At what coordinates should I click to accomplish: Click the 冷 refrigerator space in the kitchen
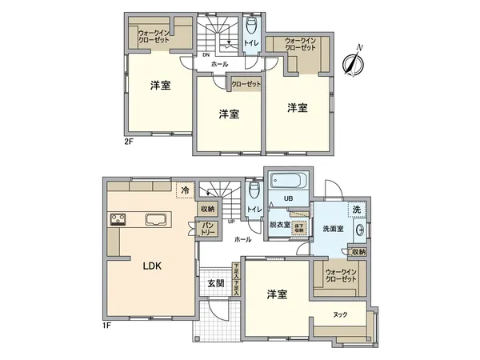(186, 190)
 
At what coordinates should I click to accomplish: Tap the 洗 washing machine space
(356, 209)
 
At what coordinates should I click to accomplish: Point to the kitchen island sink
(155, 219)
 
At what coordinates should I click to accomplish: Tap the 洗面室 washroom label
(333, 230)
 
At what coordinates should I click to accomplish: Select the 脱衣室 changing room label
(279, 225)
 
